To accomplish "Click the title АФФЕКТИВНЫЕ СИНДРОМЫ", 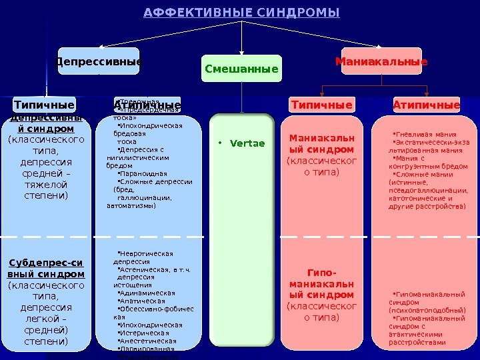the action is [x=241, y=13].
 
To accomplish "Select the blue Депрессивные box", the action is [x=99, y=62].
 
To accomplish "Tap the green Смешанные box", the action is [x=241, y=69].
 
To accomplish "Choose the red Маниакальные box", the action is [x=381, y=62].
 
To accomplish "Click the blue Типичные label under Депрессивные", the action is [x=45, y=105].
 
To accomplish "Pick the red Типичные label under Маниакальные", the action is [x=322, y=105].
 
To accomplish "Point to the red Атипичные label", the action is [x=427, y=105].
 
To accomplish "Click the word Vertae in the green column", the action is [x=250, y=143].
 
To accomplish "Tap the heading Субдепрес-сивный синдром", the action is [x=46, y=268].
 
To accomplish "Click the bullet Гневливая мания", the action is [x=423, y=133].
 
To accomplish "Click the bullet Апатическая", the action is [x=141, y=301].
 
